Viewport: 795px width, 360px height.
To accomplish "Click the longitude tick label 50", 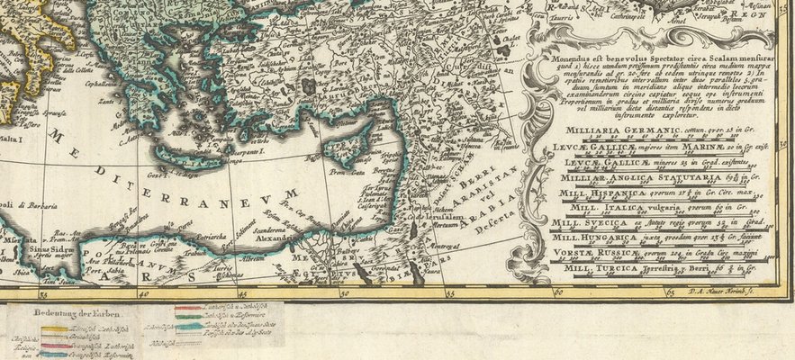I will coord(342,292).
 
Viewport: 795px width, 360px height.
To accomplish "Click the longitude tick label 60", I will coord(558,292).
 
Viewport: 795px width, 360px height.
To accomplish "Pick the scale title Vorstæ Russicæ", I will coord(596,253).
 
